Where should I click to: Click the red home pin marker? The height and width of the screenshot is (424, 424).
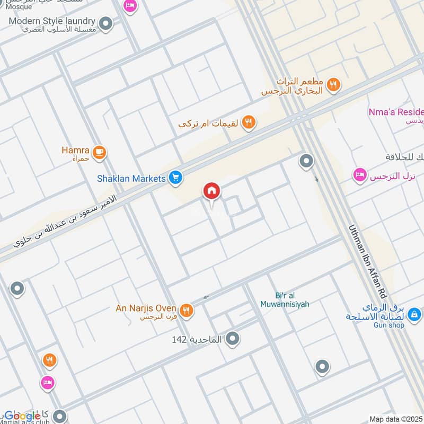(x=211, y=191)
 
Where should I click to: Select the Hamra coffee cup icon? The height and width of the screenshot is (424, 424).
(x=99, y=153)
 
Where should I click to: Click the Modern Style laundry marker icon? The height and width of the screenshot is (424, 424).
(x=106, y=23)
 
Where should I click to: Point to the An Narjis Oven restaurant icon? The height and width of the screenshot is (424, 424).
(x=185, y=311)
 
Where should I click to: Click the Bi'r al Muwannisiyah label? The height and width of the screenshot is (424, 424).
(x=285, y=300)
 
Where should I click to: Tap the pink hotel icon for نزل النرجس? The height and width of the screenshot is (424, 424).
(x=360, y=175)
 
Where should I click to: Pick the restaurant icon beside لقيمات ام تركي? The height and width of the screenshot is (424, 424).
(x=248, y=123)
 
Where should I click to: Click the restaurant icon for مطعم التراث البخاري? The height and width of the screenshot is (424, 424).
(x=333, y=85)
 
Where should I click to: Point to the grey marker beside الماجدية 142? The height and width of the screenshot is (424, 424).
(x=232, y=339)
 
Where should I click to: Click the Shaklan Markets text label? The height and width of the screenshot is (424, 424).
(x=131, y=179)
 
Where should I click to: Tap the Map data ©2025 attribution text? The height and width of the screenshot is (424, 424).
(x=395, y=419)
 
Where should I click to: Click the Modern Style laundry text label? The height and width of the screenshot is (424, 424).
(x=52, y=21)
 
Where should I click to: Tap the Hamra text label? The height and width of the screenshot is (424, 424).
(x=75, y=150)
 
